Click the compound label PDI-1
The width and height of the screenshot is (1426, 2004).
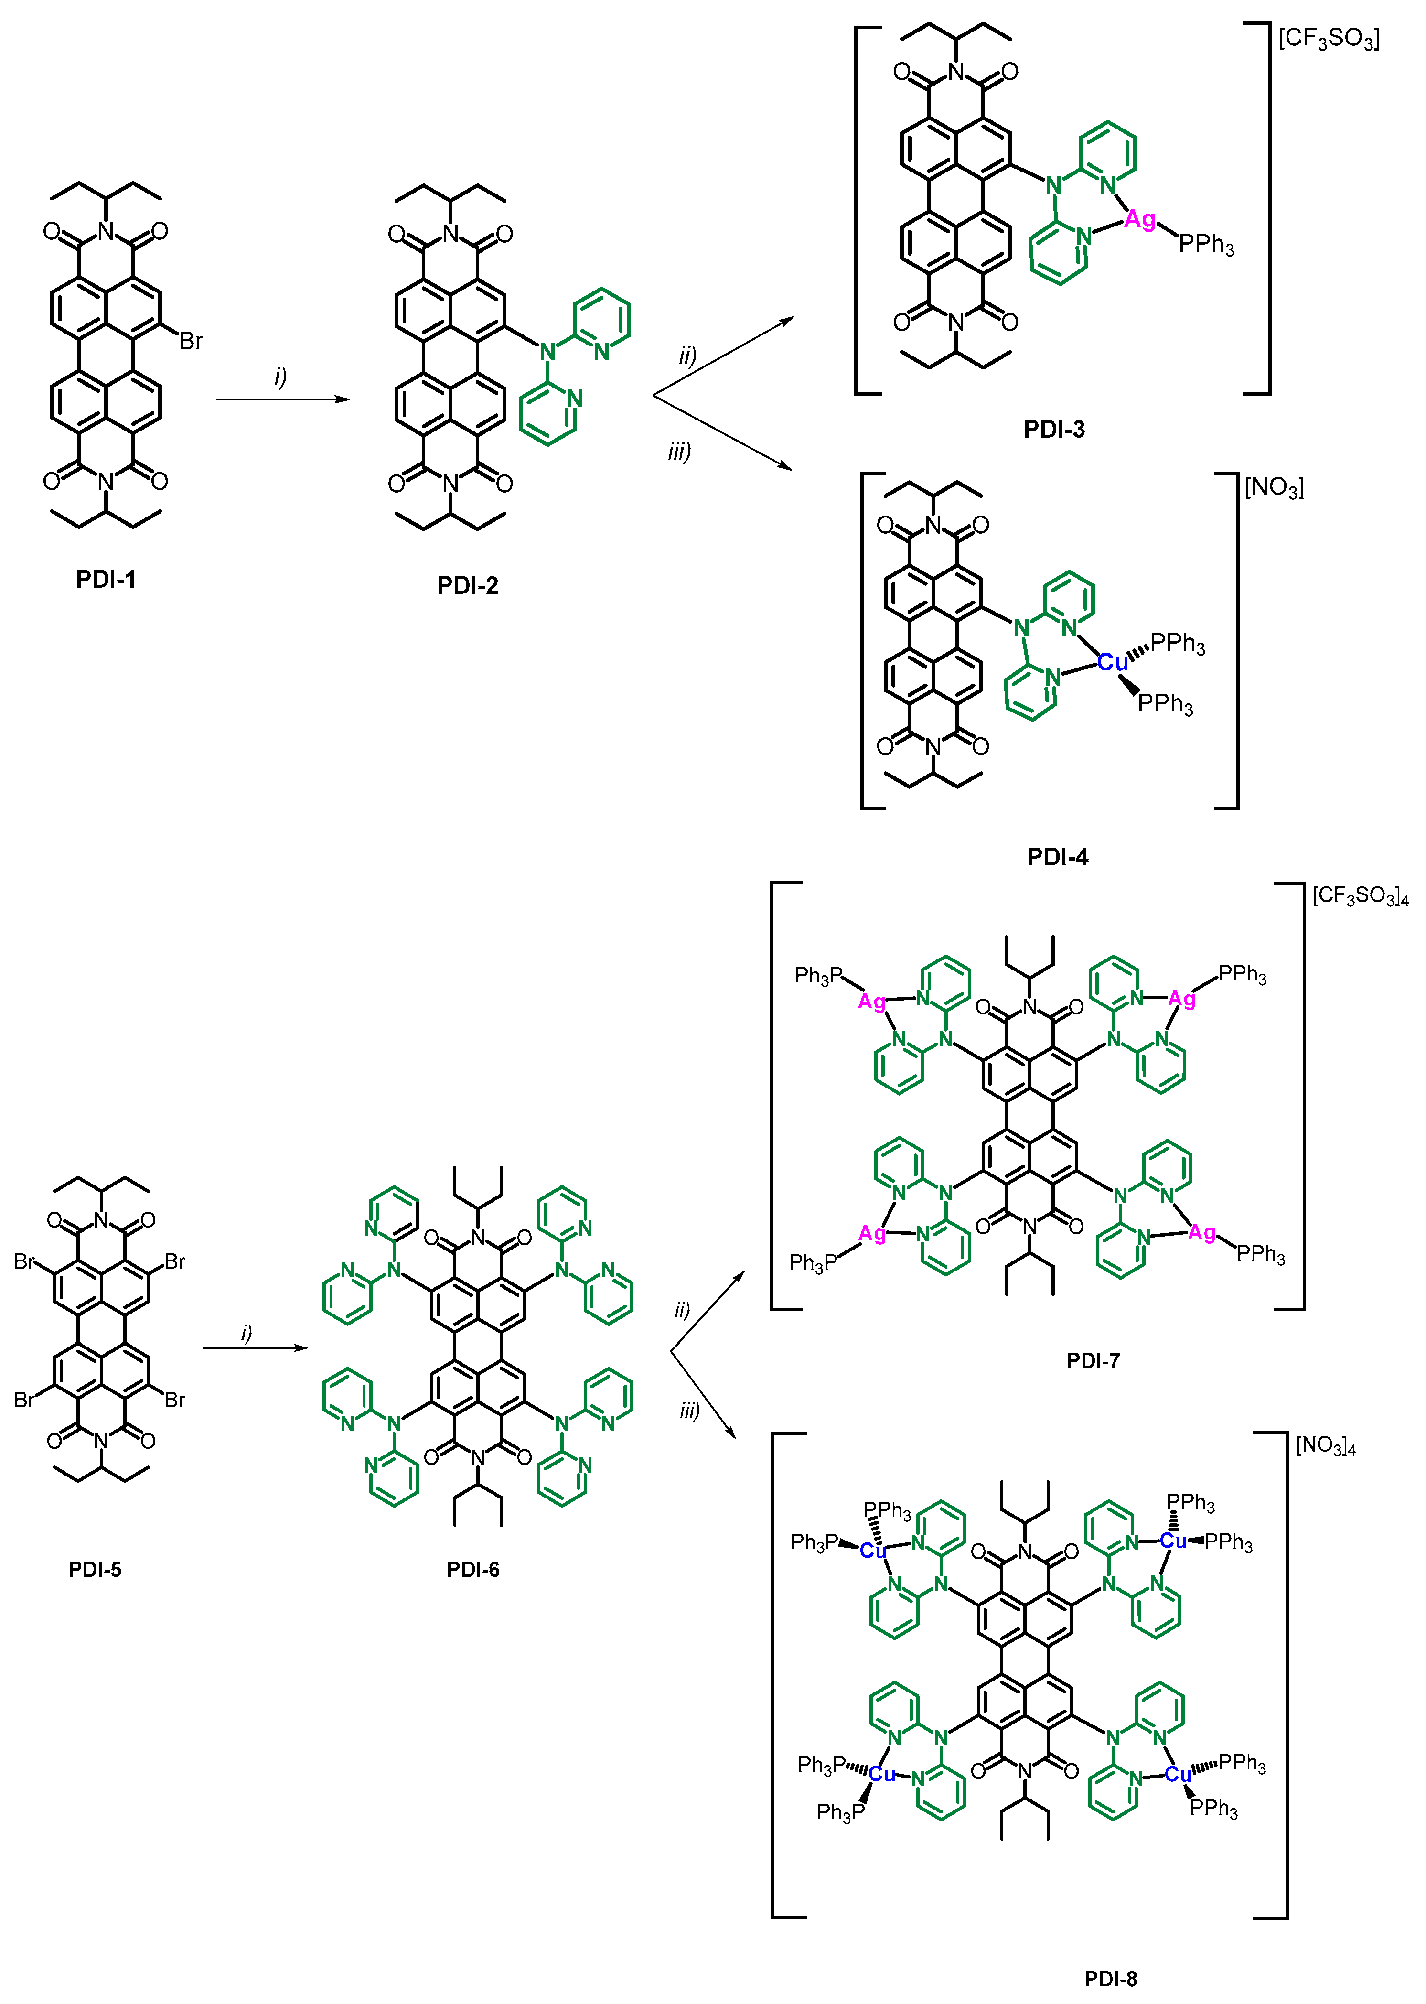pyautogui.click(x=106, y=580)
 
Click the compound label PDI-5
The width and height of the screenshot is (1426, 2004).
pyautogui.click(x=95, y=1569)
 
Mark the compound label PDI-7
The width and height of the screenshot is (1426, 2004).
pyautogui.click(x=1093, y=1361)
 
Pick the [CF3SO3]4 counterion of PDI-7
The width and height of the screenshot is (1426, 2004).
pyautogui.click(x=1359, y=896)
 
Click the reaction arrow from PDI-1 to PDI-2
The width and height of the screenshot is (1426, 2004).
pyautogui.click(x=283, y=399)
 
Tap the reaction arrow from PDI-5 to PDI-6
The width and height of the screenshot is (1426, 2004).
pyautogui.click(x=255, y=1348)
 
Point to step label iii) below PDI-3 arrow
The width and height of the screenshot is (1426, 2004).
pyautogui.click(x=679, y=452)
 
